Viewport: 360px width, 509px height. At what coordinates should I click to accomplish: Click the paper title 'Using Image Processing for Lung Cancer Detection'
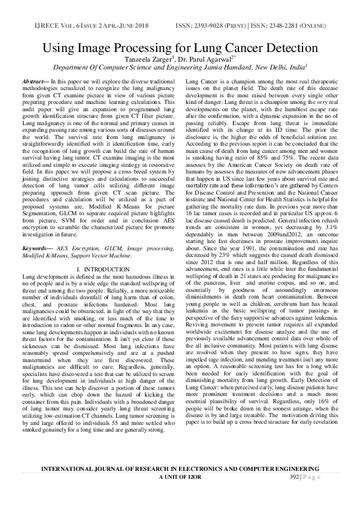[180, 48]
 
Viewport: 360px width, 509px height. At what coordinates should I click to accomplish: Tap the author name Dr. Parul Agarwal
[204, 59]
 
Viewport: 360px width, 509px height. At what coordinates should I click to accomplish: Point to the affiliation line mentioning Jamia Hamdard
[180, 68]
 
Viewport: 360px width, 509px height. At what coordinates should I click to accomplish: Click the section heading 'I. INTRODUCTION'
[100, 285]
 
